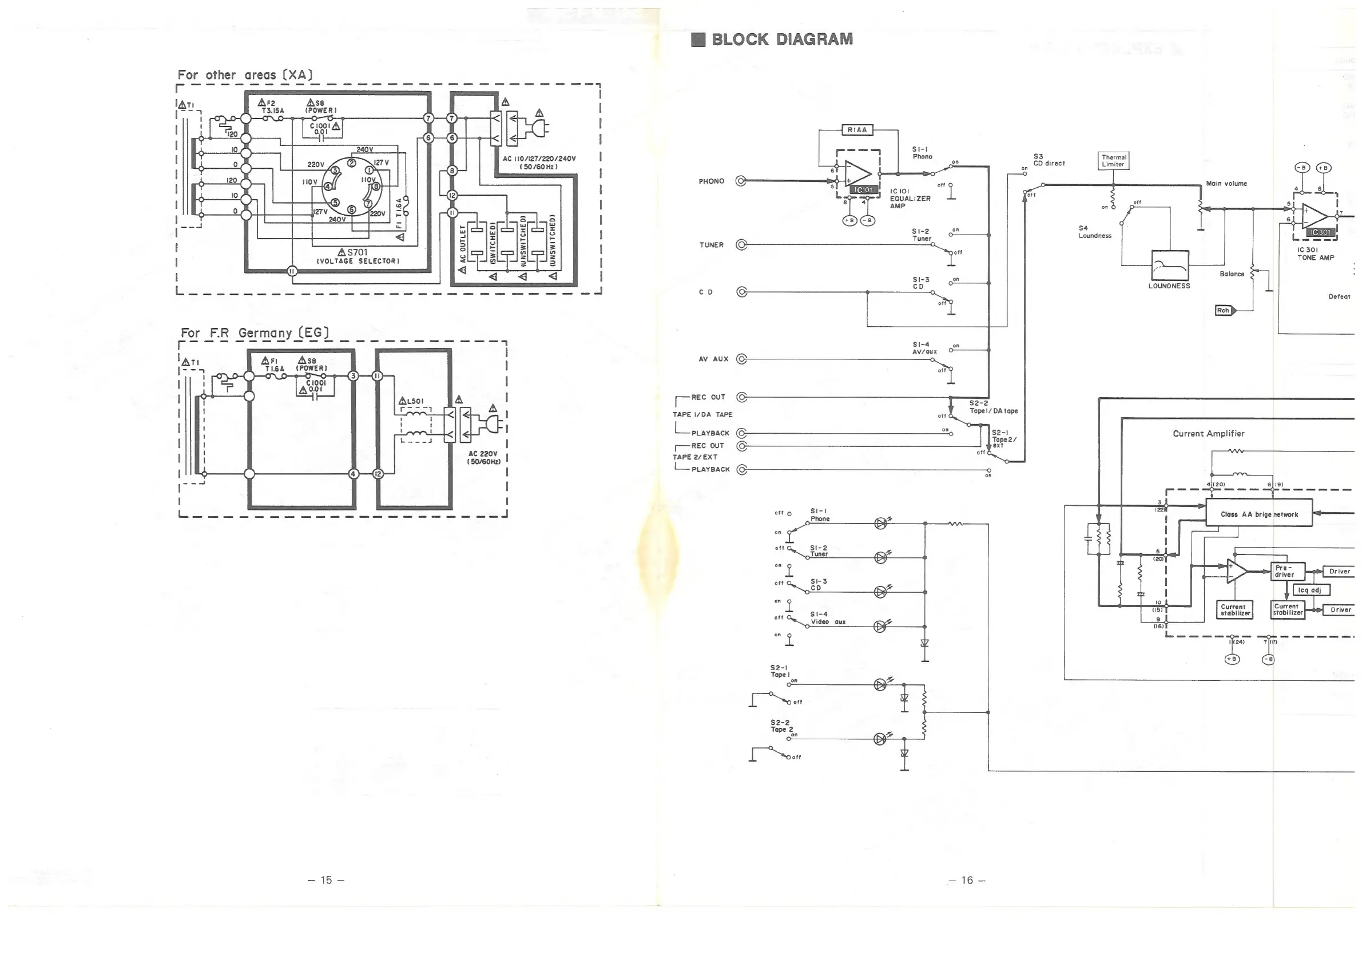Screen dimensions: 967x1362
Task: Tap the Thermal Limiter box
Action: click(1113, 161)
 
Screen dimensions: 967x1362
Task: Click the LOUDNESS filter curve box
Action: click(1170, 265)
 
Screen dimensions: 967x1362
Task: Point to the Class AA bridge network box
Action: click(1258, 514)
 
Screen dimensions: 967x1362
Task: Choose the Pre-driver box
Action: click(1287, 572)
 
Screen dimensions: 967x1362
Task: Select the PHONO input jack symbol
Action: click(741, 181)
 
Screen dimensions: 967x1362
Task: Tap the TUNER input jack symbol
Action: click(741, 245)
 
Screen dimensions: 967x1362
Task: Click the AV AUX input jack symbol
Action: click(741, 359)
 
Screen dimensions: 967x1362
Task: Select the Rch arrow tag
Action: click(1225, 310)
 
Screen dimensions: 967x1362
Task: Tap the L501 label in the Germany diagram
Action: click(414, 401)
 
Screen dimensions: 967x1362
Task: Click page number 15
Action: click(325, 880)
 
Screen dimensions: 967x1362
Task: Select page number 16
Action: click(967, 880)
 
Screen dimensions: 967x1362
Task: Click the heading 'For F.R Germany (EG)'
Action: click(255, 333)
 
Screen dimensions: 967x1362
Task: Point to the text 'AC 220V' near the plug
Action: click(483, 454)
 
